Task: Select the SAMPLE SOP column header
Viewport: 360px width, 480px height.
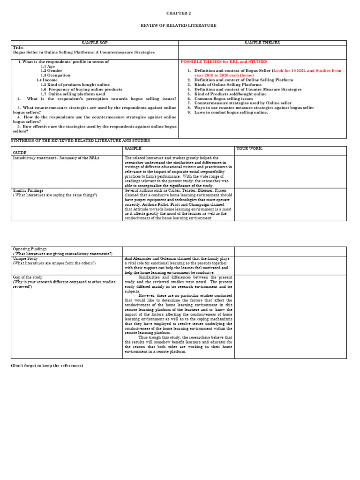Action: point(95,43)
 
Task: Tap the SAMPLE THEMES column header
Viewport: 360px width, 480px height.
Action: point(262,43)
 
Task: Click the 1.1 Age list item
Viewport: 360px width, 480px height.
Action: point(47,66)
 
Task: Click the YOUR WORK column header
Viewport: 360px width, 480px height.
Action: point(249,149)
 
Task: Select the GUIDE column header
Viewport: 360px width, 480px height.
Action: point(20,153)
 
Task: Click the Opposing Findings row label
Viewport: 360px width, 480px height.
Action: point(30,249)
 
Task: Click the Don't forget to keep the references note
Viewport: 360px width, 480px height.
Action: point(47,365)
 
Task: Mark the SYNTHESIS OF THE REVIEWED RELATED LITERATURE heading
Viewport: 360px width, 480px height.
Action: point(80,141)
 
